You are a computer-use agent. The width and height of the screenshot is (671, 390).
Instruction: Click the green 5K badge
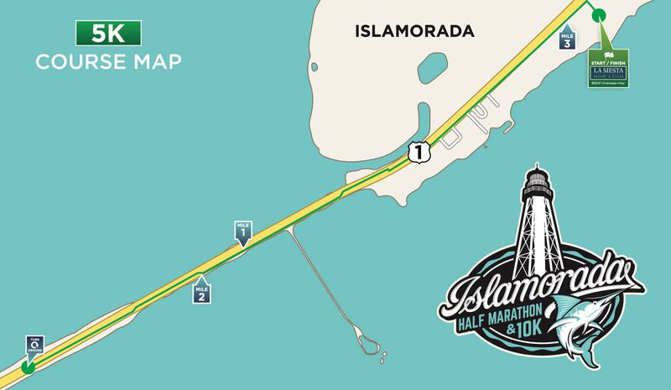(x=108, y=34)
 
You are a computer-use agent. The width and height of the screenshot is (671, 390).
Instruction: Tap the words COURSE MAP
(x=108, y=62)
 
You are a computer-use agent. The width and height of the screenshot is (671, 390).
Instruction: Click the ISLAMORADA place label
(x=414, y=32)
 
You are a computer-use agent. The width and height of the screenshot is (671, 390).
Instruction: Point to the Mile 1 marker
(x=243, y=233)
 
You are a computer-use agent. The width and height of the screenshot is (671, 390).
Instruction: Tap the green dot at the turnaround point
(x=28, y=367)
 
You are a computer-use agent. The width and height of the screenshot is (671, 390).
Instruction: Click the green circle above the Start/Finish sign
(x=598, y=15)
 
